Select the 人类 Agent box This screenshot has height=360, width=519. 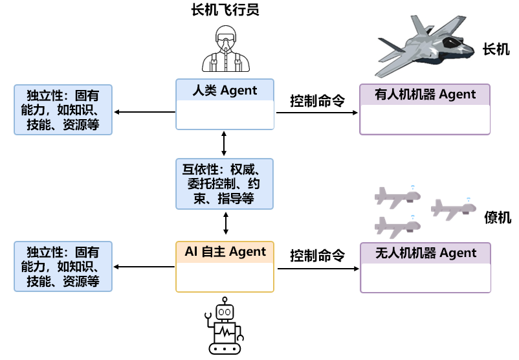click(225, 104)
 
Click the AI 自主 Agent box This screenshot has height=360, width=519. click(225, 266)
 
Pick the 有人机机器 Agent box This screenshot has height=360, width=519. click(425, 109)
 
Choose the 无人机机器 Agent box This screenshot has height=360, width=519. click(425, 268)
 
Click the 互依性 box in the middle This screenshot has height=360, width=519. click(225, 183)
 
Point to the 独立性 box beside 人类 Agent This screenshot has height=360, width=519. click(63, 109)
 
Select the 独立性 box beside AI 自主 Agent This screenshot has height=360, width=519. click(63, 266)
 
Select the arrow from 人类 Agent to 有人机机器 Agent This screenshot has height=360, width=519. click(317, 113)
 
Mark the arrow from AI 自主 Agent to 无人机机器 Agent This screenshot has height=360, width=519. click(317, 268)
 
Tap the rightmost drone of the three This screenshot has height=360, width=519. click(454, 207)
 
